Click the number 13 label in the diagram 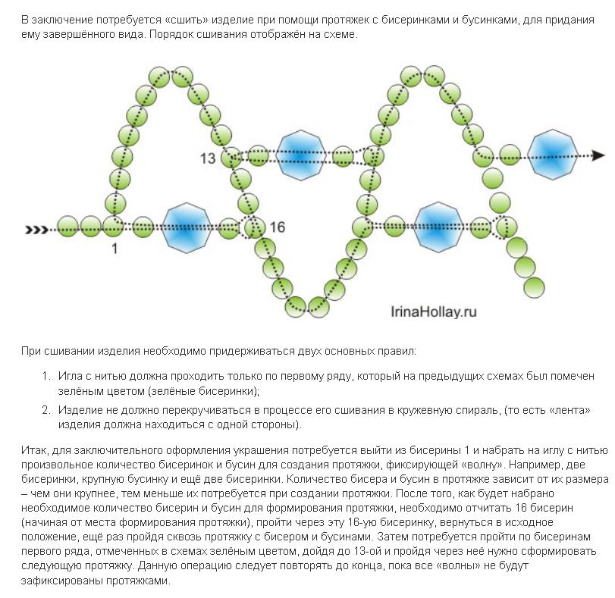pos(208,158)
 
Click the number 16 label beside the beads pos(278,227)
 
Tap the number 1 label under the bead pos(115,249)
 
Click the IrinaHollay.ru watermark pos(434,312)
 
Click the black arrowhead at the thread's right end pos(598,155)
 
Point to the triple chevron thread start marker pos(36,230)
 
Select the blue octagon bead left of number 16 pos(187,228)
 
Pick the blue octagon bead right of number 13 pos(301,155)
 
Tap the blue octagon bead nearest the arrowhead pos(552,155)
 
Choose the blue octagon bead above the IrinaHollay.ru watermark pos(438,227)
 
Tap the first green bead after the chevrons pos(67,227)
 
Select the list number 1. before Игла pos(46,376)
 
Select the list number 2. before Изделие pos(46,410)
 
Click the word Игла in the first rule pos(70,376)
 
